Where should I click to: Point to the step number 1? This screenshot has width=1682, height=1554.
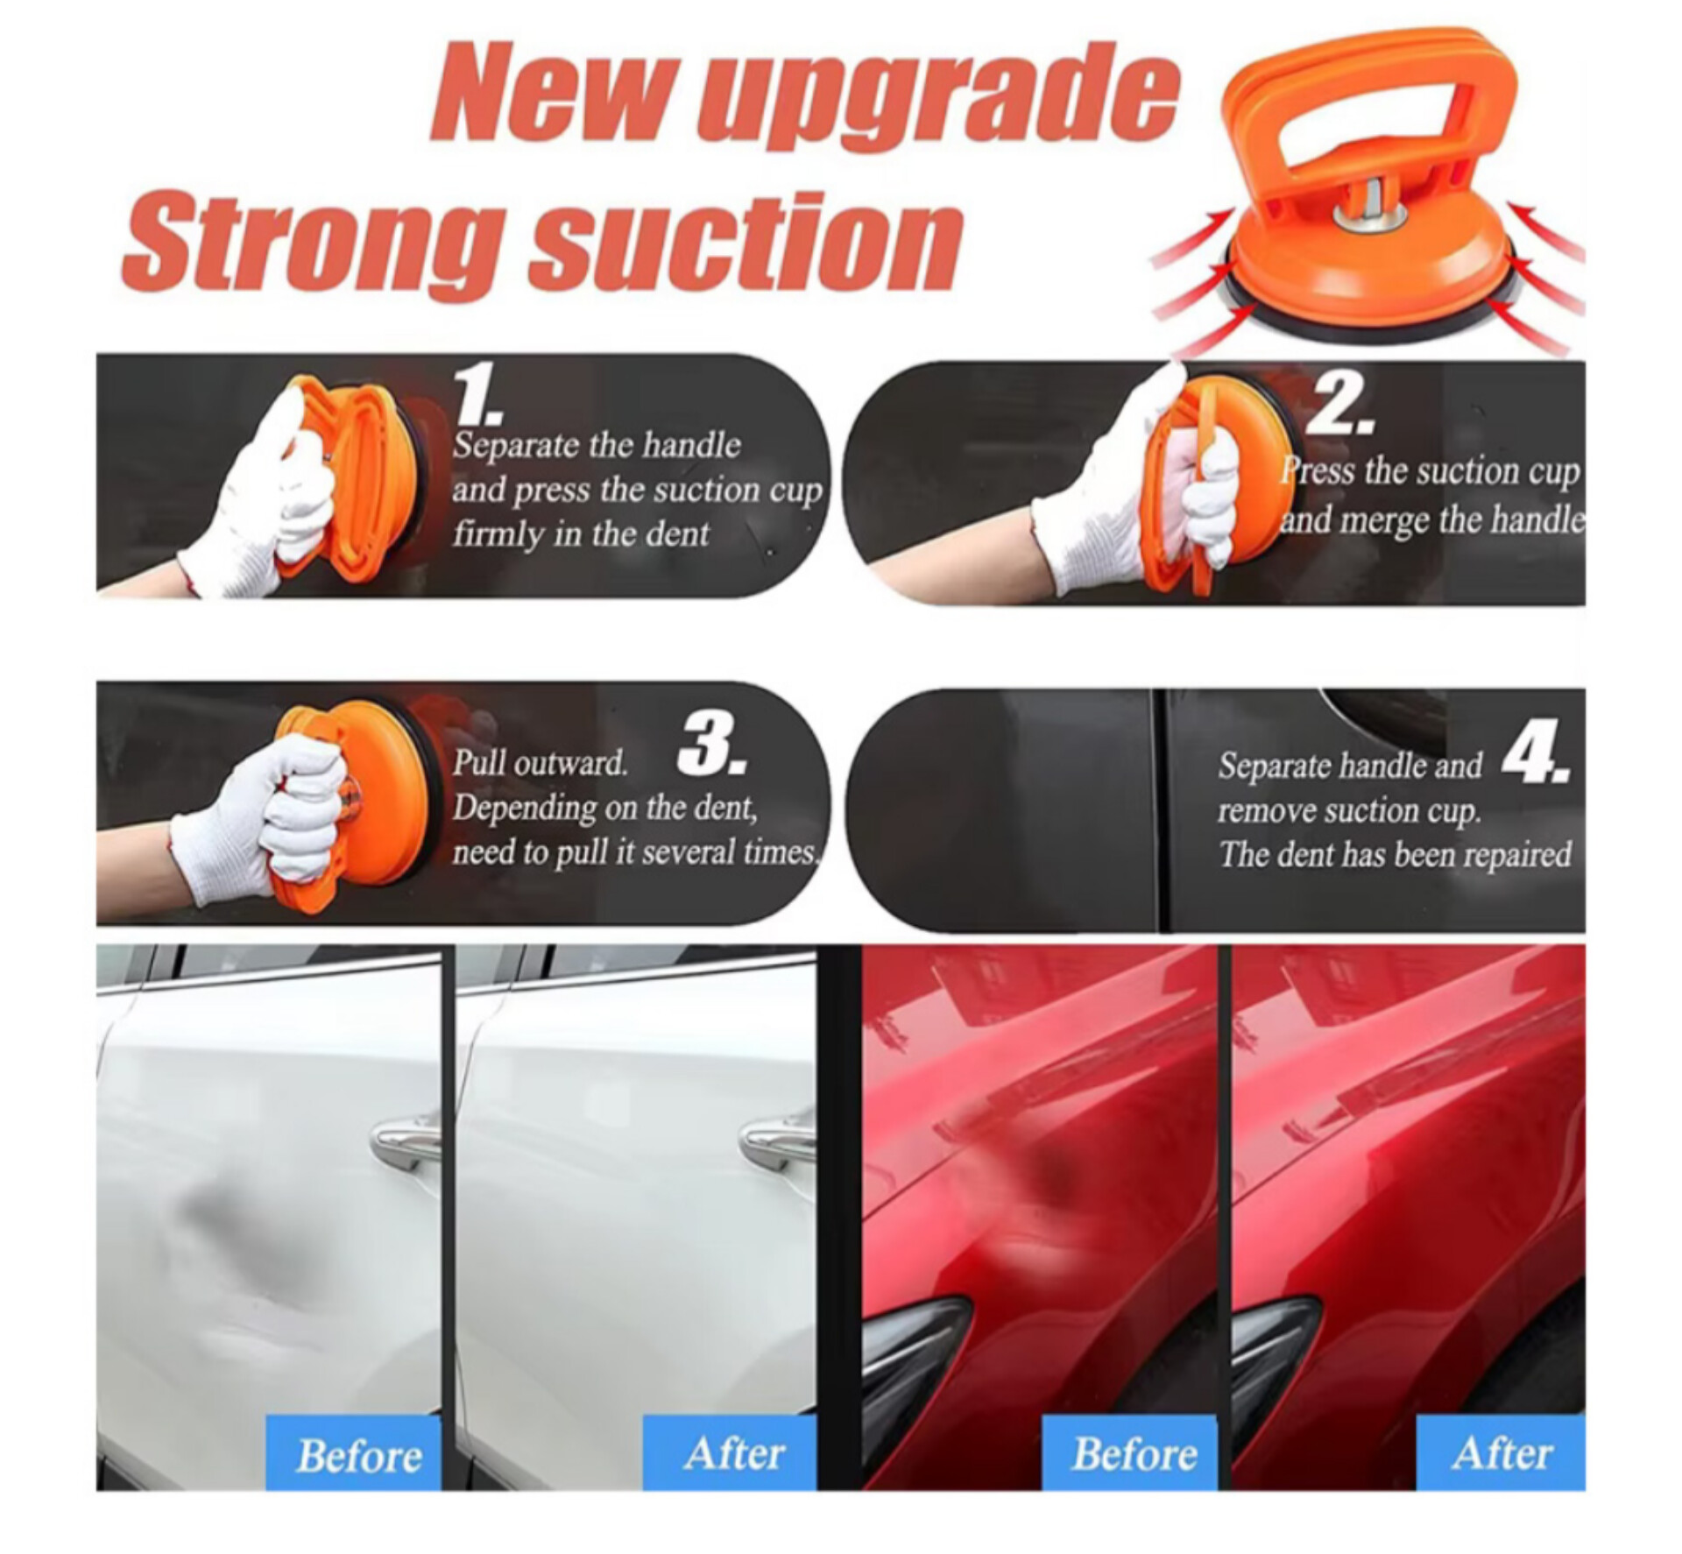pos(478,393)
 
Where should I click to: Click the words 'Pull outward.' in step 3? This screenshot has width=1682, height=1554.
pos(541,764)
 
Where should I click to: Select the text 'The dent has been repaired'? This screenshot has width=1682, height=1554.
pos(1395,854)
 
